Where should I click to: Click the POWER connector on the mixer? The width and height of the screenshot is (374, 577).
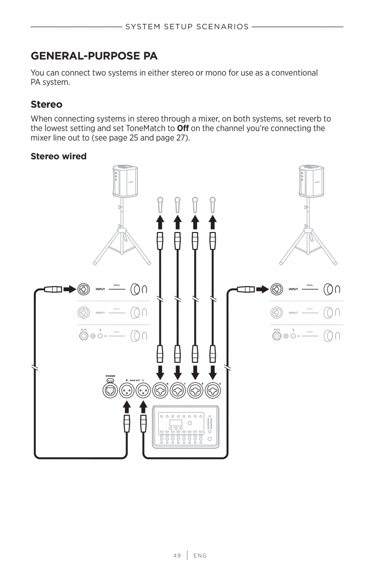pos(110,391)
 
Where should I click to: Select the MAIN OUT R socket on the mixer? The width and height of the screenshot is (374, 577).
pos(127,391)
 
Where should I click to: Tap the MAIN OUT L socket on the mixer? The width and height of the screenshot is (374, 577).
pos(143,391)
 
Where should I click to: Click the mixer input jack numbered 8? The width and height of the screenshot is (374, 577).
pos(160,391)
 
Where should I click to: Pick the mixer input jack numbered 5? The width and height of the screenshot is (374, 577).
pos(212,391)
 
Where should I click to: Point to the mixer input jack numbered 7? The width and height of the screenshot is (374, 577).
pos(178,391)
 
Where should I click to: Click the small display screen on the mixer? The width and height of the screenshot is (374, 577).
pos(176,423)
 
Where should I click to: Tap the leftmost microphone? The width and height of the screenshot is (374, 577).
pos(160,205)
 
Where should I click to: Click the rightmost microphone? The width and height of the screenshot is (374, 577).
pos(212,205)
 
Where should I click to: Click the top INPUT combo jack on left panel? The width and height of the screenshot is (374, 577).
pos(84,289)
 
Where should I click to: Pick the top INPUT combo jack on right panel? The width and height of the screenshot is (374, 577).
pos(277,289)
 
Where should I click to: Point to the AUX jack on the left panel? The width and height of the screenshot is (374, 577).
pos(84,336)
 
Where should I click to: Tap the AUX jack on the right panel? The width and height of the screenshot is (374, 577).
pos(277,336)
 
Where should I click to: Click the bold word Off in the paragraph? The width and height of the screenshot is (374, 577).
pos(183,128)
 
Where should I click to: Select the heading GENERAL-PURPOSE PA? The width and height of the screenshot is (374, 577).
pos(94,56)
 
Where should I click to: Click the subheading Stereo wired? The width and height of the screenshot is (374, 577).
pos(59,156)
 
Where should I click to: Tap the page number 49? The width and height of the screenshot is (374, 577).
pos(177,555)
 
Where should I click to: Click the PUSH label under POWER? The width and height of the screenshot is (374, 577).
pos(110,381)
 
